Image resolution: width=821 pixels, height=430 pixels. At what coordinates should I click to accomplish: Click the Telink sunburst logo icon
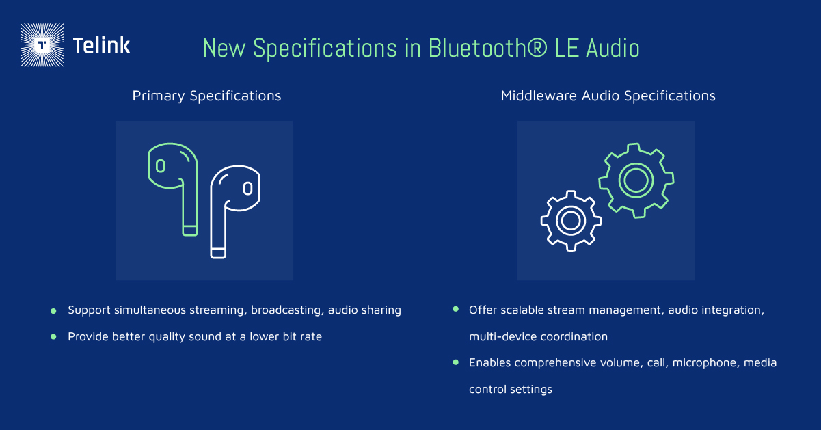point(42,45)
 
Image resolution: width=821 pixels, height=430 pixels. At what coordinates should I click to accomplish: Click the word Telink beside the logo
point(102,45)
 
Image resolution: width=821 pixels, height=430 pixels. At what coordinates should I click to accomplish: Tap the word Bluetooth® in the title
point(488,48)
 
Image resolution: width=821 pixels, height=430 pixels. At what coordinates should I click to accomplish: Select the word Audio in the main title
point(613,48)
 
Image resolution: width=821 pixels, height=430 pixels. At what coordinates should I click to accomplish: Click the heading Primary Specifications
point(206,96)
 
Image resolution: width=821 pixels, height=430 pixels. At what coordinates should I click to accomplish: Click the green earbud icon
point(174,189)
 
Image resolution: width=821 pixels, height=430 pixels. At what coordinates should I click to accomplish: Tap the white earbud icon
point(235,212)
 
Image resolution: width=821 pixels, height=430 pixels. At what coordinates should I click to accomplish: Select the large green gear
point(636,180)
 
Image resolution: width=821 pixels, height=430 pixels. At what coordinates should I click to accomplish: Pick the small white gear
point(571,221)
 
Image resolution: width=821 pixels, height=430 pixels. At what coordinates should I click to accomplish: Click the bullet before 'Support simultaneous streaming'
point(53,311)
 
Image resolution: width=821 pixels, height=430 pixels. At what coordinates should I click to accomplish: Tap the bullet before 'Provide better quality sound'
point(53,337)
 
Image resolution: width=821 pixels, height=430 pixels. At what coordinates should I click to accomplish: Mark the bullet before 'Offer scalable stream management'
point(455,309)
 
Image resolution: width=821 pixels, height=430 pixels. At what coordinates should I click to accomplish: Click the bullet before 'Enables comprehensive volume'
point(455,362)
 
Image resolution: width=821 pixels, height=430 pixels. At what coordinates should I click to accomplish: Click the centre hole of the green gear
point(636,180)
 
